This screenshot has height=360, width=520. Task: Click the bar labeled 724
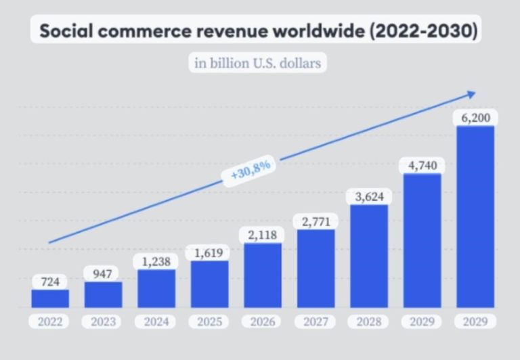point(50,298)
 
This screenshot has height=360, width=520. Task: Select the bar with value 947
point(103,294)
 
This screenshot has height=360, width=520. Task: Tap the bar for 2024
point(156,289)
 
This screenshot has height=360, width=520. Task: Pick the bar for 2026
point(263,275)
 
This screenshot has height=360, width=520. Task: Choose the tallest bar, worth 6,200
point(475,217)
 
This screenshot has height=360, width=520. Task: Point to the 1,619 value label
point(209,252)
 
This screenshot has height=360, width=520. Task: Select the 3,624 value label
point(369,197)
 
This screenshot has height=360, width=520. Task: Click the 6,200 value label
point(475,117)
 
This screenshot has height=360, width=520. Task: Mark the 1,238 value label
point(156,261)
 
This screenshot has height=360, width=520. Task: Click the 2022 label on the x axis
point(50,321)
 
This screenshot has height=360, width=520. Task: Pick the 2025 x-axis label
point(209,321)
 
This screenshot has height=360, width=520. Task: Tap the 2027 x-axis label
point(316,321)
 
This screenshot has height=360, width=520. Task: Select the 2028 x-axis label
point(369,321)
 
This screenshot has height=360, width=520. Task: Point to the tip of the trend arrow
point(475,93)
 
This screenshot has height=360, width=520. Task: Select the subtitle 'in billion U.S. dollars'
point(257,63)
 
